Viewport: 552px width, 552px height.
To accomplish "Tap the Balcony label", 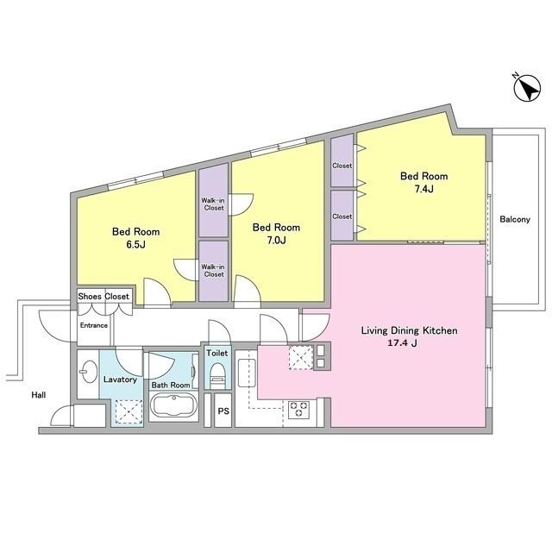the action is pos(515,219).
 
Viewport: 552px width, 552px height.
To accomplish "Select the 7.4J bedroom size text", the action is pos(423,190).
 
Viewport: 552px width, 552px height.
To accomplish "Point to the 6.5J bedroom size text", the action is pos(136,245).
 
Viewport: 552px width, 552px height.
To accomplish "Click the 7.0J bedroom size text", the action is pos(276,241).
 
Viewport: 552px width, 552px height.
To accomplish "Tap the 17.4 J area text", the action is pos(403,343).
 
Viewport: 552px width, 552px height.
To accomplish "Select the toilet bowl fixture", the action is pos(216,376).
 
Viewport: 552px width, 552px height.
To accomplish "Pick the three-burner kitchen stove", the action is pos(299,410).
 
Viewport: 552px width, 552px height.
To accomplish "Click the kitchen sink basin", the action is pos(247,373).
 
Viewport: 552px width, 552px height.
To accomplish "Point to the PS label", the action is pos(223,411).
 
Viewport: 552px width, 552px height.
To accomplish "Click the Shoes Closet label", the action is pos(103,297).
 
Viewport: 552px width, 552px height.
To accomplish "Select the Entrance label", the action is pos(94,325).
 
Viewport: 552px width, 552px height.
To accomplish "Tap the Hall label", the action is pos(38,395).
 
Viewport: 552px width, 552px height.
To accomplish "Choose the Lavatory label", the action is pos(120,379).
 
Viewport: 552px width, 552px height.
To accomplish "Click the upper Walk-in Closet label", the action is pos(213,204).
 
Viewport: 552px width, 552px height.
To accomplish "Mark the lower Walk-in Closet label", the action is pos(213,271).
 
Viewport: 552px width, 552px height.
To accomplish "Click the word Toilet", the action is pos(216,353).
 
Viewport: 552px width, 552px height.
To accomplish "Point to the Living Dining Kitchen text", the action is pos(410,330).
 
